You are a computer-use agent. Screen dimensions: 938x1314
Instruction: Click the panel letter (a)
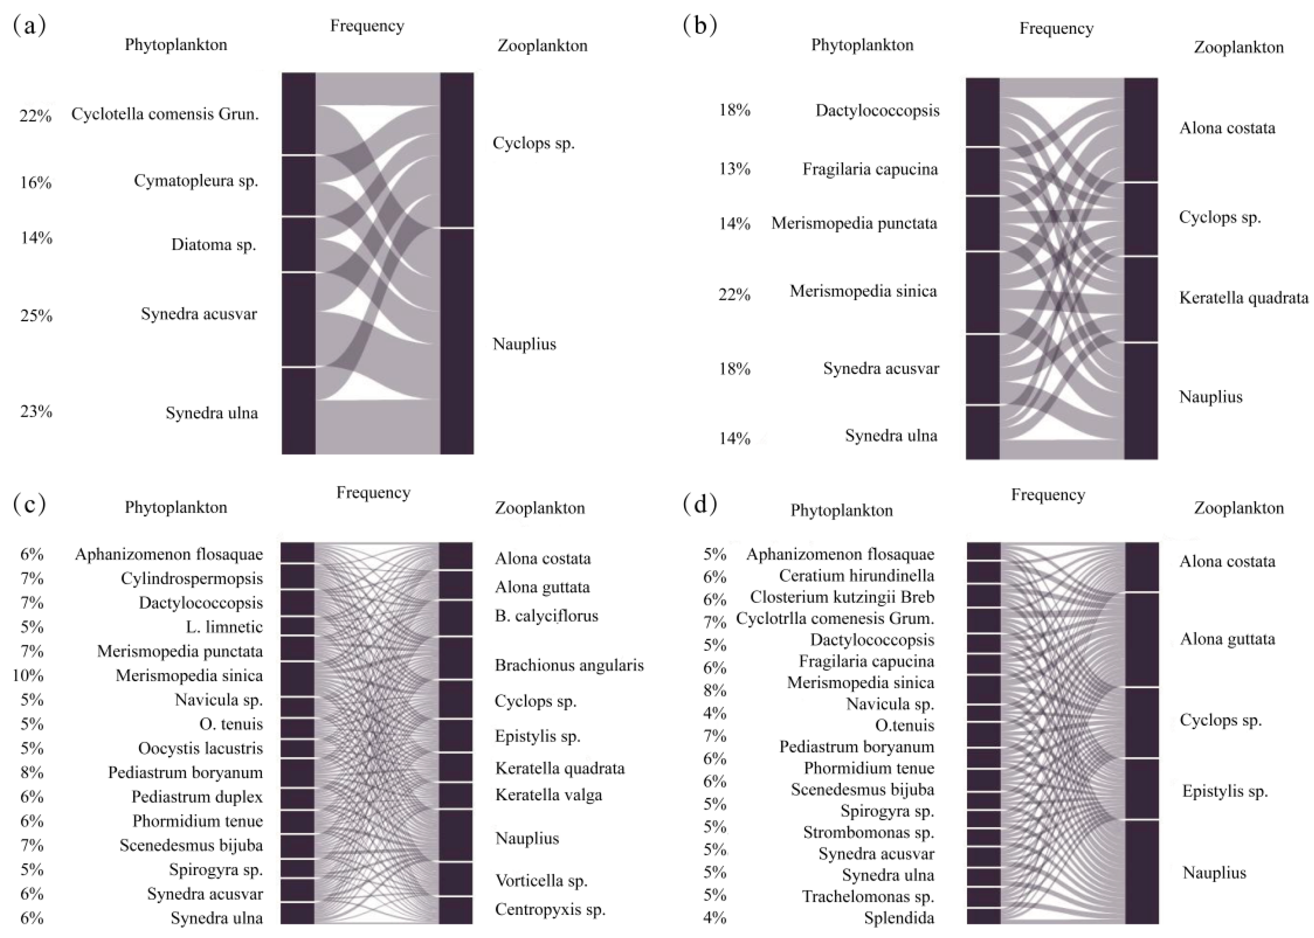29,27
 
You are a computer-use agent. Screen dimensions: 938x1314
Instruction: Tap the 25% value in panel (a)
36,316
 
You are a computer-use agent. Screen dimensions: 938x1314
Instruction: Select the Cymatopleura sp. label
196,181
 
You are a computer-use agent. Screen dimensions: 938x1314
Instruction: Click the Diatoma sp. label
213,245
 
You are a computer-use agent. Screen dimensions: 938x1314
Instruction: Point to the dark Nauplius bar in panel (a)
457,341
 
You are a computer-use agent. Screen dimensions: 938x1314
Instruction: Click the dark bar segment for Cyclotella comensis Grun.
299,114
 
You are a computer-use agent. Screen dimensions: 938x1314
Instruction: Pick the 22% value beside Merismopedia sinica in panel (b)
734,295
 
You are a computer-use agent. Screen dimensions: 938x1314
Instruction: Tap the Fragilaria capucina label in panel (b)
870,169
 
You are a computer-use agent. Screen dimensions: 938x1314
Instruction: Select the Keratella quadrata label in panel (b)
1243,298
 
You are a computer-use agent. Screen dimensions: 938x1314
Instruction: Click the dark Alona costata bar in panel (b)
1141,130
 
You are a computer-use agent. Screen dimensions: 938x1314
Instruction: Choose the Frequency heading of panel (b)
1056,29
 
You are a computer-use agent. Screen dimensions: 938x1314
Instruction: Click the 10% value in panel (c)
28,675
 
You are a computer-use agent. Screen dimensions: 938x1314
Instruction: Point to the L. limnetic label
224,627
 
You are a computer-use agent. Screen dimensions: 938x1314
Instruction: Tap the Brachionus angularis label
569,666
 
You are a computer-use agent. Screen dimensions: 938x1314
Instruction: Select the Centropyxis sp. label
550,910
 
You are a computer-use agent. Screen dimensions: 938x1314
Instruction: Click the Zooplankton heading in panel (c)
539,508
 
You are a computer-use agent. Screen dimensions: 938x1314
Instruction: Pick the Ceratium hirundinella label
856,576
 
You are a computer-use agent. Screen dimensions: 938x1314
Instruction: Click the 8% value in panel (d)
715,690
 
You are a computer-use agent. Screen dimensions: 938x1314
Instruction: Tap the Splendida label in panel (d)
899,918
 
